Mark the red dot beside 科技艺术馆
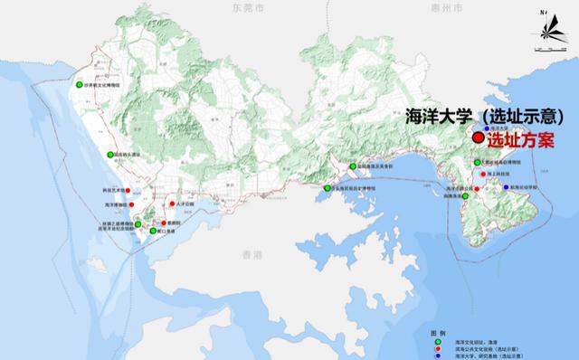coord(128,190)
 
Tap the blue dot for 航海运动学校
coord(506,187)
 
